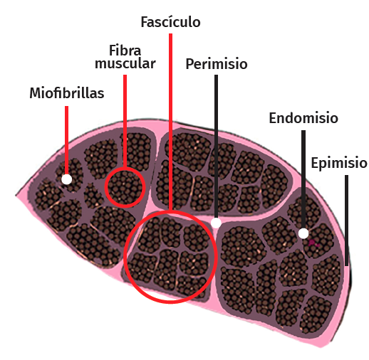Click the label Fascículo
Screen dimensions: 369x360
click(170, 22)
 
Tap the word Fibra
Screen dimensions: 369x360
click(125, 51)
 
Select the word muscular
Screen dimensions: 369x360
click(125, 63)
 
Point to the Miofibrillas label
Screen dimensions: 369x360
click(67, 92)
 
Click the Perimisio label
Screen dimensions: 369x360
click(217, 64)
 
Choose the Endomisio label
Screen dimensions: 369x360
click(303, 118)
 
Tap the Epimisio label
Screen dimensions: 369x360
click(339, 164)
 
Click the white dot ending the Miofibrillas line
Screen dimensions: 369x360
click(67, 179)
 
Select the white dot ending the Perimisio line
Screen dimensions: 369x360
click(216, 223)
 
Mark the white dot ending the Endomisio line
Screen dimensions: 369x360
click(303, 233)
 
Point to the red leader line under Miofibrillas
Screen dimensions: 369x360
click(67, 140)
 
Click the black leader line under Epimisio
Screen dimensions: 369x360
click(346, 221)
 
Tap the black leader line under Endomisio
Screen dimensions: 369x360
click(303, 179)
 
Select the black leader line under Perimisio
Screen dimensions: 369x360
click(216, 147)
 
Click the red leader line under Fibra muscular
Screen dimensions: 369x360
click(125, 121)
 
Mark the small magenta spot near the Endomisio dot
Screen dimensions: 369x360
click(313, 243)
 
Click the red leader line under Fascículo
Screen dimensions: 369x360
click(170, 122)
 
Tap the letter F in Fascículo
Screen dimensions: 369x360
click(145, 22)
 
